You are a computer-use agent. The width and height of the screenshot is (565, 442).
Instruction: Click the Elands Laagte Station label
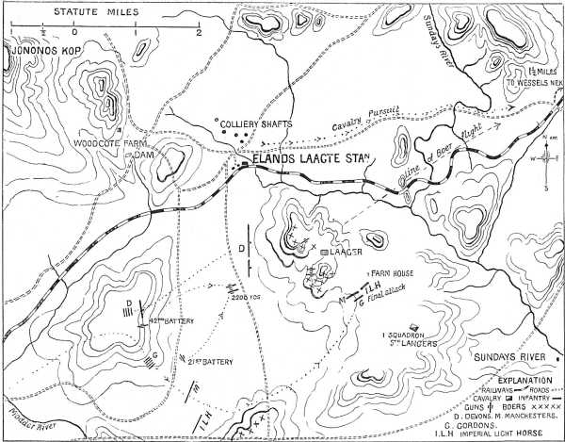click(x=308, y=160)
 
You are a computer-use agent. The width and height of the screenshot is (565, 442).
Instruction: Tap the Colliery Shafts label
click(x=252, y=123)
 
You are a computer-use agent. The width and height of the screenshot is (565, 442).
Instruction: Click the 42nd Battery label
click(x=169, y=321)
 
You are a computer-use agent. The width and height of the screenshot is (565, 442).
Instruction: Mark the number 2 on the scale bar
click(x=199, y=32)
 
